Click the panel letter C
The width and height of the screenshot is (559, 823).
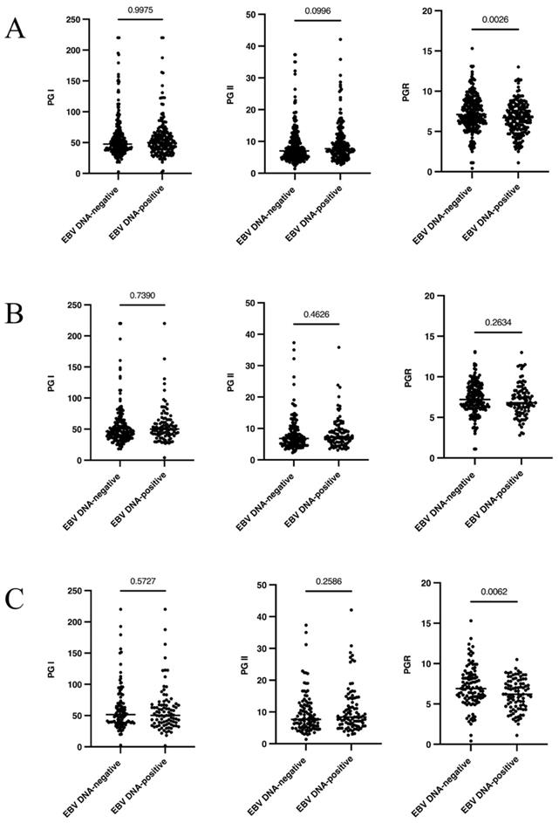[x=15, y=601]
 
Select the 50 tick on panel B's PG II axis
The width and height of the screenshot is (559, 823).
[x=248, y=303]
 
